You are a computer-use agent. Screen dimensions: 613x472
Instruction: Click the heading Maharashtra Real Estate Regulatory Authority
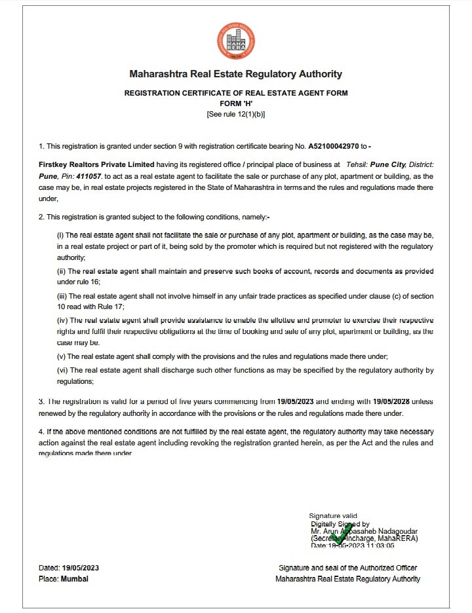[235, 75]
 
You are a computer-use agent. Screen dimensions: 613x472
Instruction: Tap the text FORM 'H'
[236, 103]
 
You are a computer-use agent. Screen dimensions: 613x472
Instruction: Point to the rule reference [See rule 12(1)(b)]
[236, 114]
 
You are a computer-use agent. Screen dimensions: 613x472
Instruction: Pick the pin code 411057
[86, 177]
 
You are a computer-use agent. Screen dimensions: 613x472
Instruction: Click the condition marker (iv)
[62, 321]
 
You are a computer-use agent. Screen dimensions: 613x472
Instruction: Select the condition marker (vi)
[62, 371]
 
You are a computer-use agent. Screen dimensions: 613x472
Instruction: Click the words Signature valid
[333, 516]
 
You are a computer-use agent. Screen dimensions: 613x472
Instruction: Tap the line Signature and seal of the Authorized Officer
[347, 568]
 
